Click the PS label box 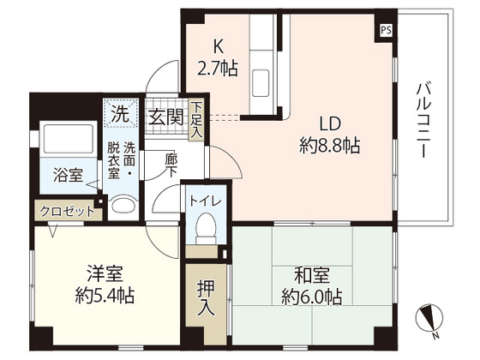point(387,29)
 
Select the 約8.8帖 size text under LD point(329,145)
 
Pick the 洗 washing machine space point(122,112)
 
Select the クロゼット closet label point(65,210)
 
